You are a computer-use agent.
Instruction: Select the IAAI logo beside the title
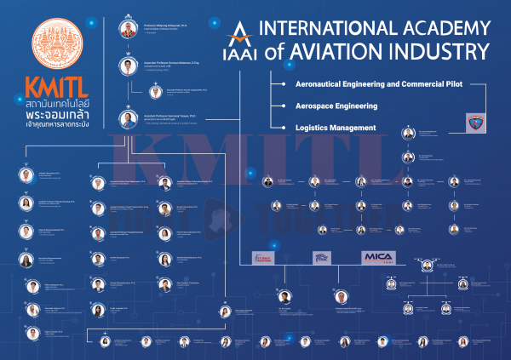242,40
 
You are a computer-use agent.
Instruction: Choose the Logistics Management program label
336,127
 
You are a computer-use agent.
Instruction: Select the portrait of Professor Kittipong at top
128,28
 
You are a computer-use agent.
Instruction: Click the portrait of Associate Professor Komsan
127,66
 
